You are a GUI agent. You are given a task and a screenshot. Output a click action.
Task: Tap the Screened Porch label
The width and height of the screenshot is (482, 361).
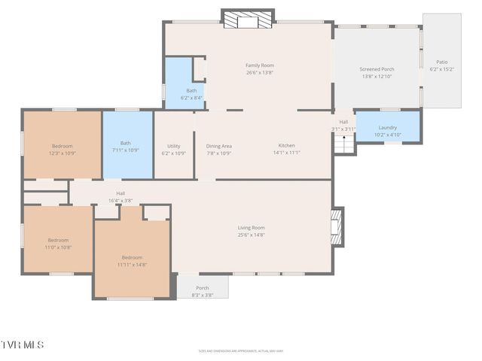pos(377,73)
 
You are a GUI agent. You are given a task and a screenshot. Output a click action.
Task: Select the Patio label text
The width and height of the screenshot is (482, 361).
pos(441,65)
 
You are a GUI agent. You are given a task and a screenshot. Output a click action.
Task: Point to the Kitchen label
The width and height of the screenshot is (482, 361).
pos(286,149)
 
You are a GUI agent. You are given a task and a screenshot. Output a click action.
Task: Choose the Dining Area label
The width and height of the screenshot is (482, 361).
pos(218,149)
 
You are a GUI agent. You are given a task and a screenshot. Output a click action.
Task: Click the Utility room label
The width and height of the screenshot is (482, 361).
pos(173,149)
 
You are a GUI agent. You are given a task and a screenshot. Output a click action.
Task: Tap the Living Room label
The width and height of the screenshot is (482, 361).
pos(251,231)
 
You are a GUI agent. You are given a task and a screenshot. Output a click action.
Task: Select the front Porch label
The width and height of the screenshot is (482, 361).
pos(203,291)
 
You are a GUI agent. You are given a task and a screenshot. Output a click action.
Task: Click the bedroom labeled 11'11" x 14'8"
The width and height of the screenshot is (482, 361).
pos(132,260)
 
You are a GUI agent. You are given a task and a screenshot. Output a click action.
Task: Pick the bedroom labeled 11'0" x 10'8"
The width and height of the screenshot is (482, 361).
pos(58,244)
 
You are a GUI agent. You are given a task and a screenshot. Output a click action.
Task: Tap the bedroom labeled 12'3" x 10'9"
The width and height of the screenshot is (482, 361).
pos(63,149)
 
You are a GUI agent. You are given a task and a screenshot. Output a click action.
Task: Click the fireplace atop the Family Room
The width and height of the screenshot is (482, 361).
pos(248,20)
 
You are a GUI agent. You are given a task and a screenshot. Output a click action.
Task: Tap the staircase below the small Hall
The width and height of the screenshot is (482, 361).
pos(344,144)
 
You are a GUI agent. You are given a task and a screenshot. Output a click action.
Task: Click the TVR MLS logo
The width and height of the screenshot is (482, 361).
pos(23,344)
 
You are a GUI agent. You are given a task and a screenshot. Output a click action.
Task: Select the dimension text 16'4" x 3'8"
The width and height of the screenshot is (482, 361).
pos(120,201)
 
